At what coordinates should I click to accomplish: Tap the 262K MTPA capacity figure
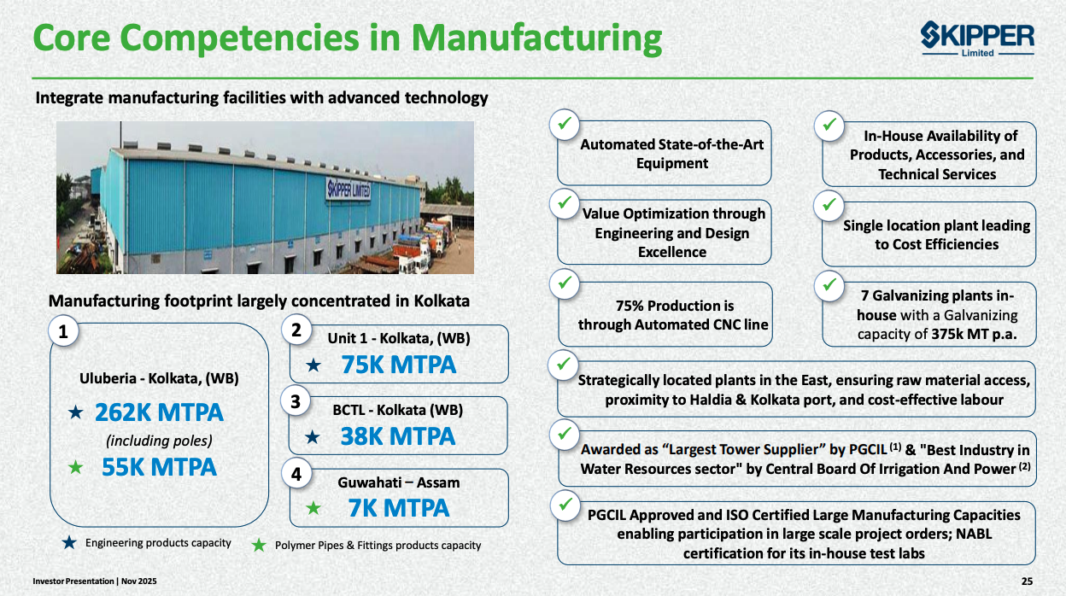[159, 413]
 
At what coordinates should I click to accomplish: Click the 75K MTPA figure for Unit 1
[398, 365]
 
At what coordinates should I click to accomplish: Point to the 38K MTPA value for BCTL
[398, 436]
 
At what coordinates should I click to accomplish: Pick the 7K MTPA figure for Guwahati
[398, 508]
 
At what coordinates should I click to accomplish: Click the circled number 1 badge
[63, 331]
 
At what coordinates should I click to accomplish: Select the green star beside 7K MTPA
[313, 509]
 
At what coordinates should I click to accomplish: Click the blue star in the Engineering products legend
[69, 543]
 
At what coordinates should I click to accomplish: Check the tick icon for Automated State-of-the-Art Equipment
[564, 125]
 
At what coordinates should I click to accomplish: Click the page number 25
[1027, 581]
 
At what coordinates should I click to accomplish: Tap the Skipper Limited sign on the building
[348, 190]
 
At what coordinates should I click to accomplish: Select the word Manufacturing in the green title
[536, 38]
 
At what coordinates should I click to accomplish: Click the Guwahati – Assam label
[399, 482]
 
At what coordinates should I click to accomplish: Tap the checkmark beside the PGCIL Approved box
[564, 505]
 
